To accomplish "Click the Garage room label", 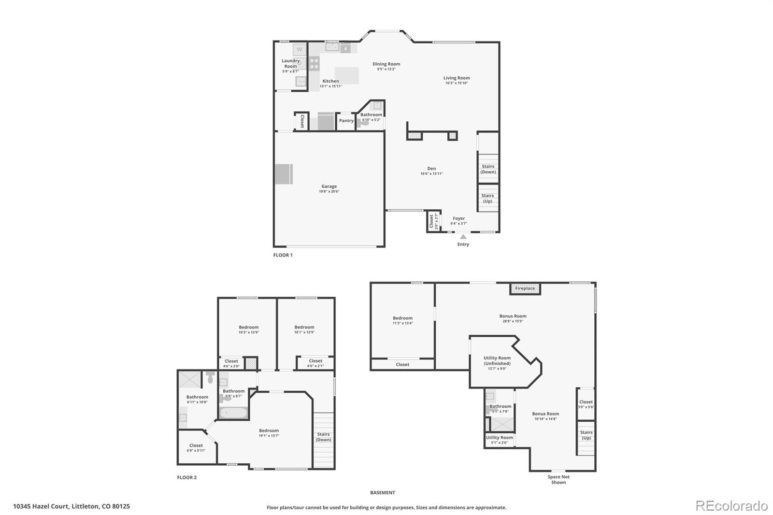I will point(329,186).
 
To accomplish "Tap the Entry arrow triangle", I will point(463,237).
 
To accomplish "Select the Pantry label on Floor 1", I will point(346,121).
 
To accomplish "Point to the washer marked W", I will point(300,49).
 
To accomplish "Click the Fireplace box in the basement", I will point(525,289).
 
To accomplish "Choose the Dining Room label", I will point(386,64).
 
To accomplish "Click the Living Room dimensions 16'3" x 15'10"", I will point(457,83).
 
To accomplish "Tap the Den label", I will point(431,169).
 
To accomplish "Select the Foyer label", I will point(458,218).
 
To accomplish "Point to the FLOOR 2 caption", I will point(187,478).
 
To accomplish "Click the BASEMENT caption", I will point(383,493).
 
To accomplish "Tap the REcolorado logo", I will point(731,506).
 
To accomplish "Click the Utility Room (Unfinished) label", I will point(497,361).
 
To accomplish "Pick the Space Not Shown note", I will point(558,480).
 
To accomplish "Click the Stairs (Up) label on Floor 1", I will point(487,199).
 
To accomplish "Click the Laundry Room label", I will point(290,64).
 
